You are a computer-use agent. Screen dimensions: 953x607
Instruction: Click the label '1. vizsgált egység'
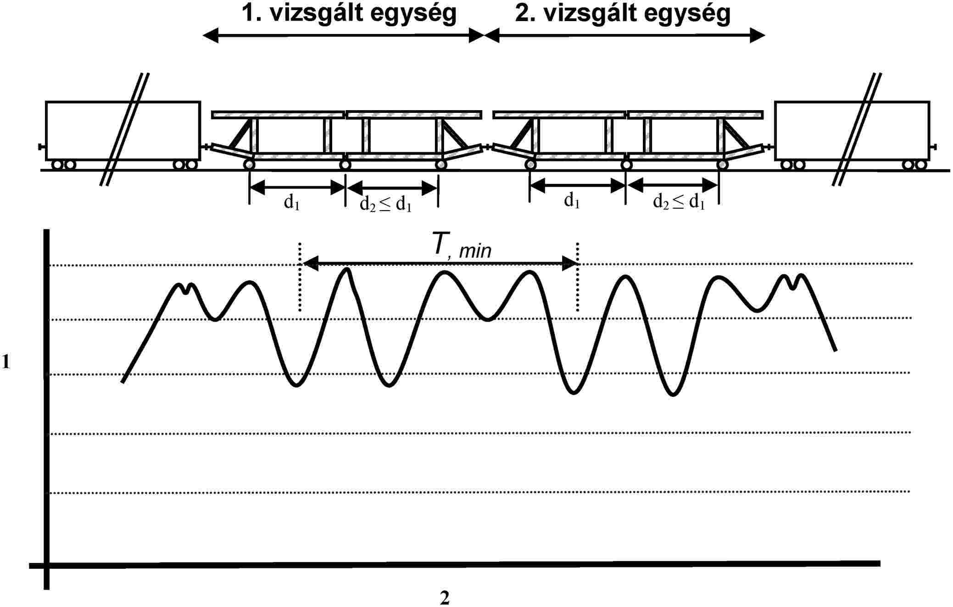pos(349,14)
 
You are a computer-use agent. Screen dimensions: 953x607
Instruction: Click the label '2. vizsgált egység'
pos(623,14)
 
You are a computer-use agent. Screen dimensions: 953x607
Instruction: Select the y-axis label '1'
pos(6,362)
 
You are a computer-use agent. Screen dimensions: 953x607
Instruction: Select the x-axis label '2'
pos(445,598)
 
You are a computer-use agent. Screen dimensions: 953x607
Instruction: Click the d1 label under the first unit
pos(292,202)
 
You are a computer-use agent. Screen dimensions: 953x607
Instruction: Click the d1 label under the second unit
pos(572,200)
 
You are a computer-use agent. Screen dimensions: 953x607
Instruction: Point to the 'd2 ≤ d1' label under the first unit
pos(385,204)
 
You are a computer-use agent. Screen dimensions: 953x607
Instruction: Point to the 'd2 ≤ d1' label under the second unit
pos(679,201)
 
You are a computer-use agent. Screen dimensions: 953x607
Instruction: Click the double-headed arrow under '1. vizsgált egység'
pos(344,35)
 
